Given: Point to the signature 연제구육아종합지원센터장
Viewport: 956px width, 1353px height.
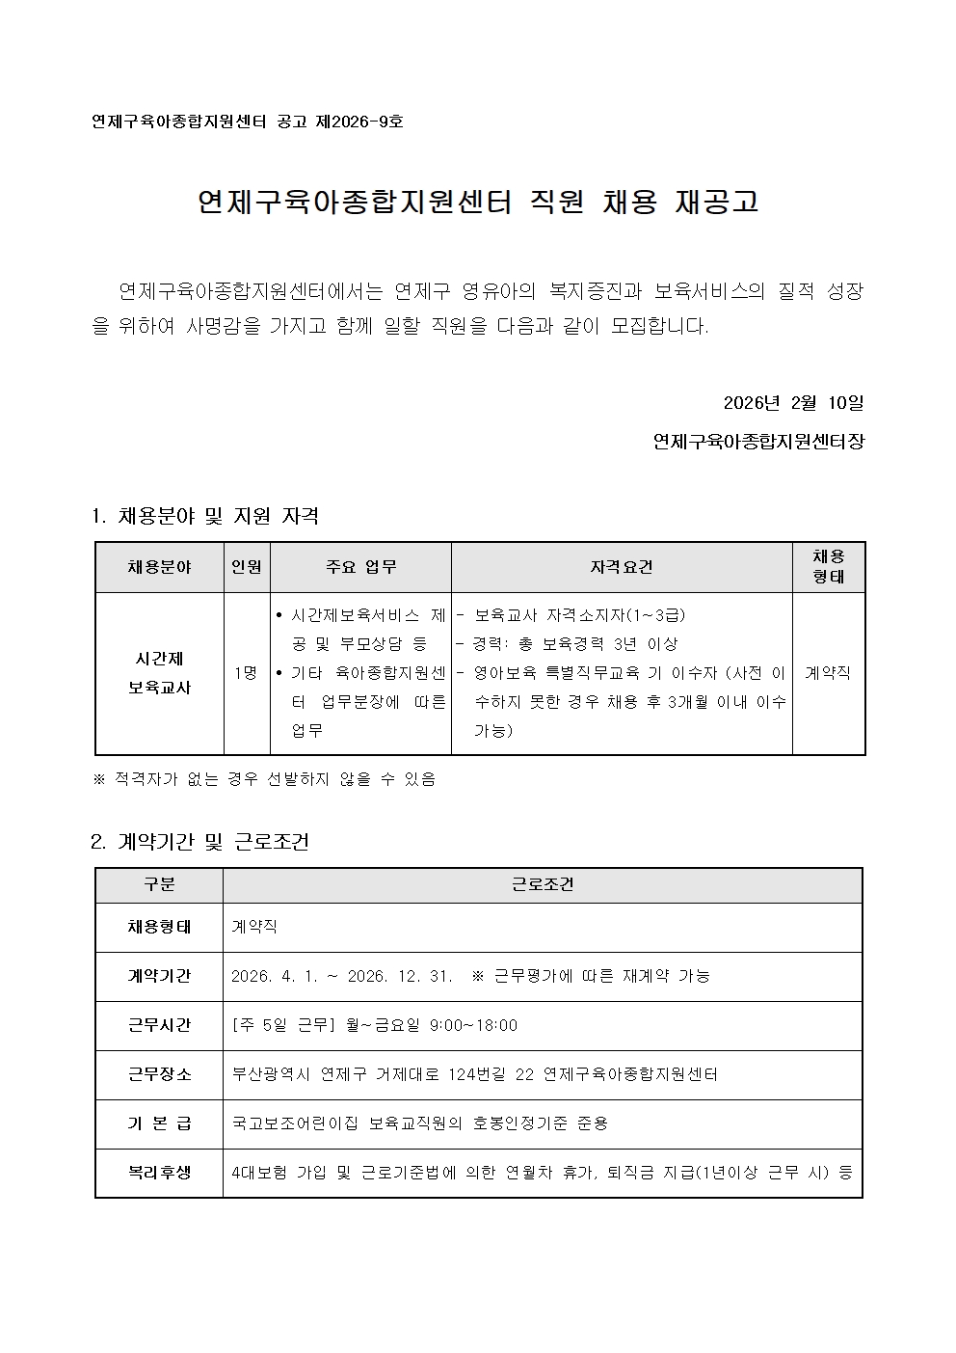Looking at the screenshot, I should click(x=758, y=442).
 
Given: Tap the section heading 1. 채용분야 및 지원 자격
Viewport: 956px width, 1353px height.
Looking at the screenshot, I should click(x=204, y=516).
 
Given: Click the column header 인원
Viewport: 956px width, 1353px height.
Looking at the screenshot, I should click(x=247, y=567).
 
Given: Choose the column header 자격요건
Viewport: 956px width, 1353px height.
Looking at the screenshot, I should click(x=621, y=567).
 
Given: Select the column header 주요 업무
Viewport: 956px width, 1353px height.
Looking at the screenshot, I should click(x=360, y=567).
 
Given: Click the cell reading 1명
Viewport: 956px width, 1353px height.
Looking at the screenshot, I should click(x=246, y=673).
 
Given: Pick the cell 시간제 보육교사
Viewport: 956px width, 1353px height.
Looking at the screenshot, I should click(x=160, y=673).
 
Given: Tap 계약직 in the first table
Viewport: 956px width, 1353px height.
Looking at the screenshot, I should click(x=828, y=673).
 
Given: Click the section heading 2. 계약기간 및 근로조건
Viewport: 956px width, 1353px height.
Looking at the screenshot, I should click(x=199, y=842).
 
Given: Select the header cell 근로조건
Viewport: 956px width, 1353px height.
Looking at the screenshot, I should click(x=542, y=884).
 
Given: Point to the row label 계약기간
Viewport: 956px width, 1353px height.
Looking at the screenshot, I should click(x=159, y=976).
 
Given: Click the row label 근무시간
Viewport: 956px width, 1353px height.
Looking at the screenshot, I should click(x=159, y=1025).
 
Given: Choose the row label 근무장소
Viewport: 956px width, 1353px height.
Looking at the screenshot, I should click(x=159, y=1074).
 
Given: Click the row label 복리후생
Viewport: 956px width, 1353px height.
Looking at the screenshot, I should click(x=159, y=1173).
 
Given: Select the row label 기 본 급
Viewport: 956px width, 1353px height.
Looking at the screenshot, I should click(x=159, y=1123).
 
